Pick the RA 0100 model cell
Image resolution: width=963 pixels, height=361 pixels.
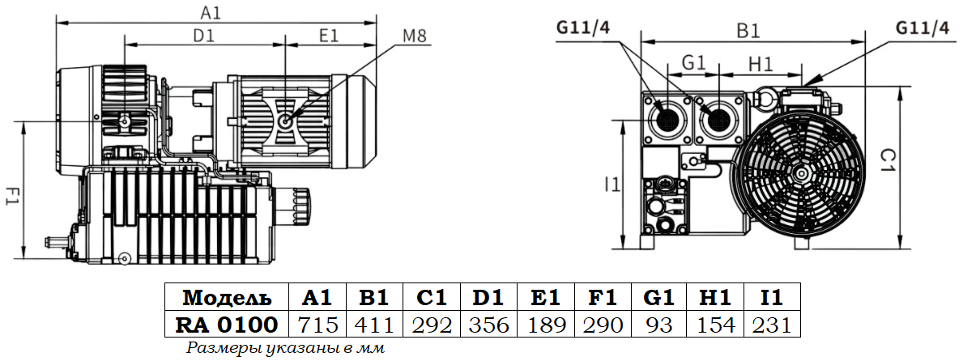pyautogui.click(x=227, y=325)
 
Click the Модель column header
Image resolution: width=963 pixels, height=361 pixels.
pyautogui.click(x=227, y=297)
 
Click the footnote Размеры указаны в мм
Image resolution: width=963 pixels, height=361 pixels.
pyautogui.click(x=284, y=349)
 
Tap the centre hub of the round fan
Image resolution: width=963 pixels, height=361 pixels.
pyautogui.click(x=799, y=172)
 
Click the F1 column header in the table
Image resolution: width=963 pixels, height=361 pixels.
pyautogui.click(x=601, y=297)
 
